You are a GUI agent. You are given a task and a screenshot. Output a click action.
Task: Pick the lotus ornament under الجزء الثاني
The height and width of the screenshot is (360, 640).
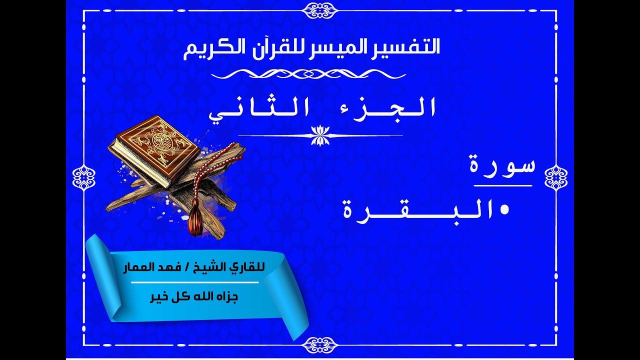click(320, 135)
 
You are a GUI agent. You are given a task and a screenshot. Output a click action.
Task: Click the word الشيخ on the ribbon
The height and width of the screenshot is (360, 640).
click(228, 269)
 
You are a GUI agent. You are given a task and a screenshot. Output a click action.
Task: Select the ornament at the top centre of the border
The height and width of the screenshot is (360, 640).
click(320, 9)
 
